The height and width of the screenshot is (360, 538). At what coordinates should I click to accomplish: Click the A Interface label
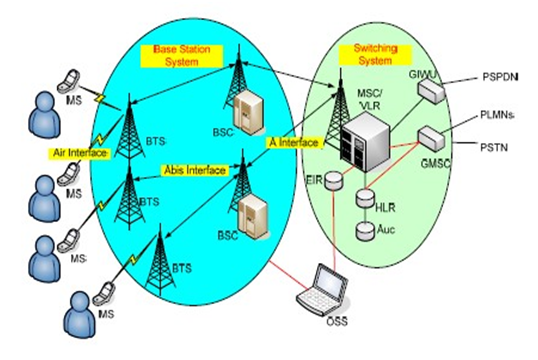coord(293,143)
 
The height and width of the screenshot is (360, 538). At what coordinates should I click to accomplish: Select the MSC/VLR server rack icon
coord(358,140)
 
